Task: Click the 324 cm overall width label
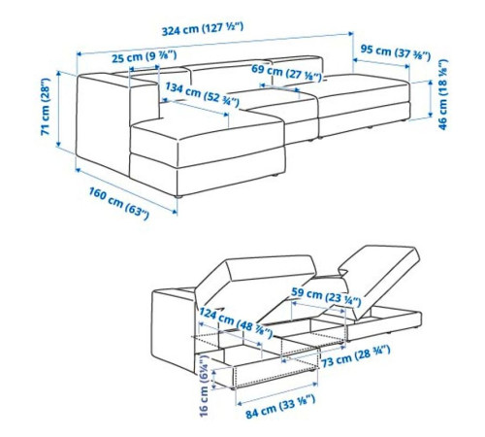203,29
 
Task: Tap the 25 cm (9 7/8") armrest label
145,56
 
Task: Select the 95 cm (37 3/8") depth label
396,52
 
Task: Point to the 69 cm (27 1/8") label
286,73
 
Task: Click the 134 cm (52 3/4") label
203,94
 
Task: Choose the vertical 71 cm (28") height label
46,107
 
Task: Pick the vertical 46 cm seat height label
442,94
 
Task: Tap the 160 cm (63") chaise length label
119,204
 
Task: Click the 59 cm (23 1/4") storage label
326,296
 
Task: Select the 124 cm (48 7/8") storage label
236,323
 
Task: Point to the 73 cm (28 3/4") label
356,355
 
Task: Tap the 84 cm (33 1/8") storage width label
280,406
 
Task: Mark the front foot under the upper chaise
178,196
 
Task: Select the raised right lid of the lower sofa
380,279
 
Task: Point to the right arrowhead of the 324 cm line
351,33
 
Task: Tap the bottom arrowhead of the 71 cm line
58,144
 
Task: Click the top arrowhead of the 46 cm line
430,83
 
